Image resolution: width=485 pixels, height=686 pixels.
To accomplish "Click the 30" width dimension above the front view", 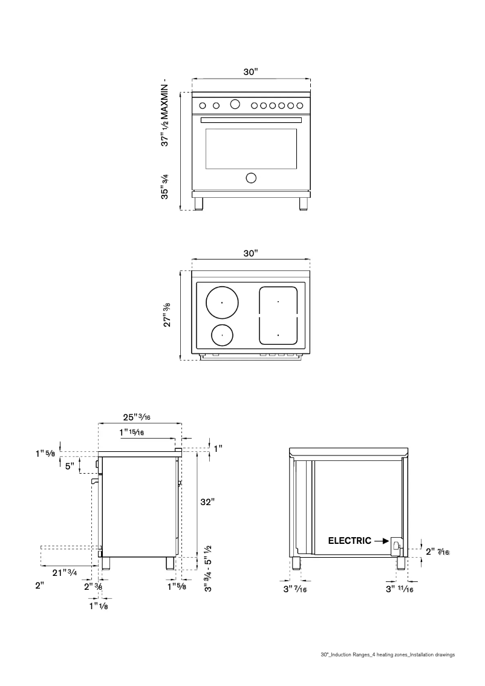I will coord(250,72).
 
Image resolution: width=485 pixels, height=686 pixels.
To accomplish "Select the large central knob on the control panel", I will coord(235,105).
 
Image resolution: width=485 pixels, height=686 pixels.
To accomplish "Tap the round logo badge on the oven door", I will coord(250,177).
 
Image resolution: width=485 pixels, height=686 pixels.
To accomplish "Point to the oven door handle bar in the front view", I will coord(250,120).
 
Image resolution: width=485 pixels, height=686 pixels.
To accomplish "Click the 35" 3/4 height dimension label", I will coord(164,187).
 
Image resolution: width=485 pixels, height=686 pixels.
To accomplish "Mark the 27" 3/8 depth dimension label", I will coord(168,315).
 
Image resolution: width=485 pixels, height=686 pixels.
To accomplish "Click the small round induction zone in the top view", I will coord(222,334).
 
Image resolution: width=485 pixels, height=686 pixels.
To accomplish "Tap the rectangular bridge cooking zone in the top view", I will coord(278,315).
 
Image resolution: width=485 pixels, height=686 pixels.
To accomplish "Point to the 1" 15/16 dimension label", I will coord(132,432).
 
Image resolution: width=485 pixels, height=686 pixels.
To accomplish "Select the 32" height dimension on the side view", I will coord(208,501).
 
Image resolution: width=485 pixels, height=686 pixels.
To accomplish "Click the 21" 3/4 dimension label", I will coord(63,572).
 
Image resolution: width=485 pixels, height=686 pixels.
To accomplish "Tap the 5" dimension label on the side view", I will coord(70,466).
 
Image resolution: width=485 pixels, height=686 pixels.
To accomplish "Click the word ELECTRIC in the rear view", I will coord(350,541).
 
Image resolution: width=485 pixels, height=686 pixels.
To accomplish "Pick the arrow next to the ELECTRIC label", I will coord(382,541).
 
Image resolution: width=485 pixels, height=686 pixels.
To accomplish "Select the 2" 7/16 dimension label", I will coord(438,552).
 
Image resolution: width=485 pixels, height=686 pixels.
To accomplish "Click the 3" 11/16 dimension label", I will coord(400,589).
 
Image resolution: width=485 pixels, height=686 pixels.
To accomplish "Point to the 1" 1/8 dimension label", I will coord(99,606).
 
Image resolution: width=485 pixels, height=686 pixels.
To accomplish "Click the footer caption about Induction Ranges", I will coord(387,655).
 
